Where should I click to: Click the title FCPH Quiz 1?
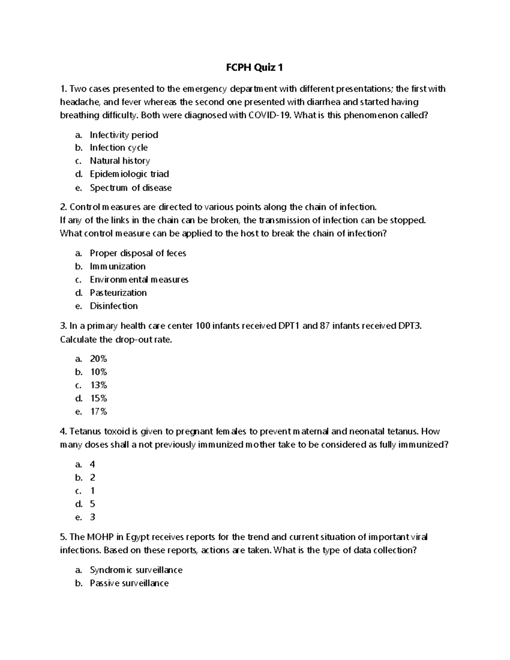[254, 67]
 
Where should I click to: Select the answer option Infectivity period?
[124, 135]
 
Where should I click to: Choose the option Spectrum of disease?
[130, 187]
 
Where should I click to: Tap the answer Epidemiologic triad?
[129, 174]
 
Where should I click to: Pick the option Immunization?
[117, 266]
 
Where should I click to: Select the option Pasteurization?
[118, 292]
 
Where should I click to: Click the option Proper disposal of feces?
[138, 253]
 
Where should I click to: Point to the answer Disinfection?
[113, 306]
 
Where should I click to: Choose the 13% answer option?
[98, 385]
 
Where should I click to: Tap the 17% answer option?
[98, 411]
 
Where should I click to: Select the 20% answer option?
[98, 359]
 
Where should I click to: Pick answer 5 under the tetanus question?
[92, 504]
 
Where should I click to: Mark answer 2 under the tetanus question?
[92, 478]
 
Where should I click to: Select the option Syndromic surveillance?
[136, 570]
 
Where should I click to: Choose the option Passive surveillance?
[129, 583]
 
